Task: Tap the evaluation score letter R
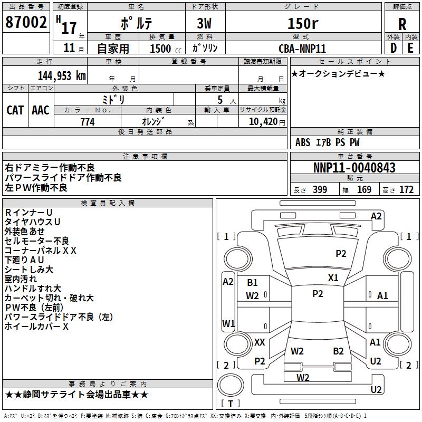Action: click(x=402, y=24)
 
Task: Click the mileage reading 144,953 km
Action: click(x=61, y=75)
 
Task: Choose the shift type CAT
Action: click(x=15, y=110)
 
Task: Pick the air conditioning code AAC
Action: click(x=41, y=110)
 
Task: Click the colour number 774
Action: click(x=87, y=122)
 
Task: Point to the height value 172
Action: click(x=406, y=190)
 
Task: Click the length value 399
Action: click(x=320, y=190)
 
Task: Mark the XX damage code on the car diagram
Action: click(x=260, y=342)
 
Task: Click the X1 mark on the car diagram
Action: click(x=333, y=277)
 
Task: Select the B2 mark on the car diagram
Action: click(x=338, y=351)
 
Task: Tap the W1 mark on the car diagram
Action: click(x=228, y=323)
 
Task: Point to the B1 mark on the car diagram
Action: click(x=252, y=283)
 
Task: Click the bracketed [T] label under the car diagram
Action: click(x=231, y=404)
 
